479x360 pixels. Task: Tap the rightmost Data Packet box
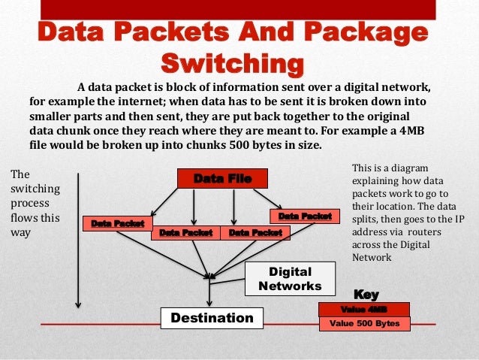click(x=305, y=216)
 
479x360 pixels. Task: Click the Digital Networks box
click(x=290, y=279)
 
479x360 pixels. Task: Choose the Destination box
click(x=212, y=318)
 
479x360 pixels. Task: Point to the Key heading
click(x=366, y=295)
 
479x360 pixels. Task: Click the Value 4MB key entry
click(x=364, y=309)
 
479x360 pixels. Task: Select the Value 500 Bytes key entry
click(x=365, y=324)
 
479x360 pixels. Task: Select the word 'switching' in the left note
click(x=32, y=189)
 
